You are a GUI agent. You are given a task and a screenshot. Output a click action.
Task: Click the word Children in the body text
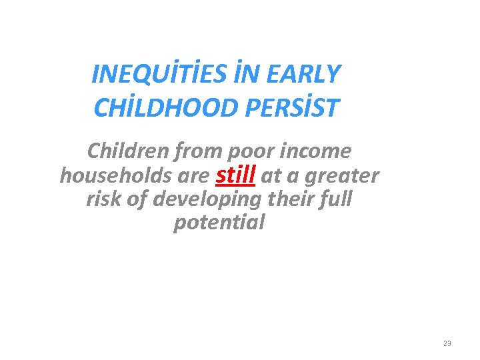point(129,151)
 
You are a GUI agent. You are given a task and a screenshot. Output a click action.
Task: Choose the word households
point(110,175)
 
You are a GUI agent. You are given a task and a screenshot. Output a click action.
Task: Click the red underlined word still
point(237,174)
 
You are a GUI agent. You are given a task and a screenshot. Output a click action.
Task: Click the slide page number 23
point(447,343)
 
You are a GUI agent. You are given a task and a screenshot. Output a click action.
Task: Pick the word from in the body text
point(198,151)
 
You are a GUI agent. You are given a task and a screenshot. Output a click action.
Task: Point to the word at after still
point(271,176)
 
